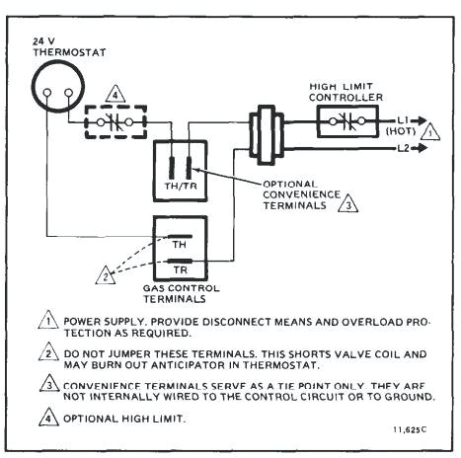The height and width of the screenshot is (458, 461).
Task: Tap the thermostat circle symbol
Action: click(54, 92)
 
